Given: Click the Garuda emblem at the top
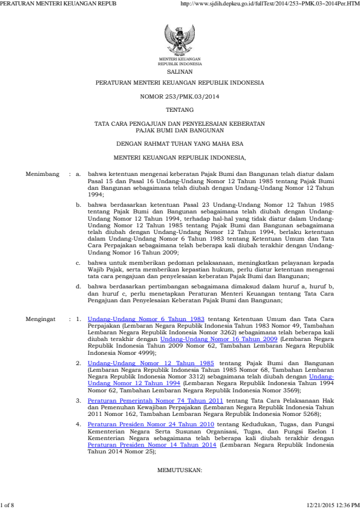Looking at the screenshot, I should click(x=180, y=41).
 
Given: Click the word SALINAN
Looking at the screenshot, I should click(x=180, y=71).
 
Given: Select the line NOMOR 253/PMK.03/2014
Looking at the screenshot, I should click(x=180, y=96).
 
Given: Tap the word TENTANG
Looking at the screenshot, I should click(x=180, y=109).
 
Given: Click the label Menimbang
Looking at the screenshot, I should click(x=42, y=174).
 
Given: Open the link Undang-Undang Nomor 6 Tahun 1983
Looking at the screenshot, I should click(x=145, y=318).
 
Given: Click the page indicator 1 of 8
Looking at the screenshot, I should click(x=8, y=504).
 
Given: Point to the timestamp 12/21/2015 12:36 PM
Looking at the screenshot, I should click(x=333, y=504).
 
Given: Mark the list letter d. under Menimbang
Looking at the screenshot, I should click(x=79, y=284).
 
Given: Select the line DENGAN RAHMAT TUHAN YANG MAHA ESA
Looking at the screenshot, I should click(x=180, y=144).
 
